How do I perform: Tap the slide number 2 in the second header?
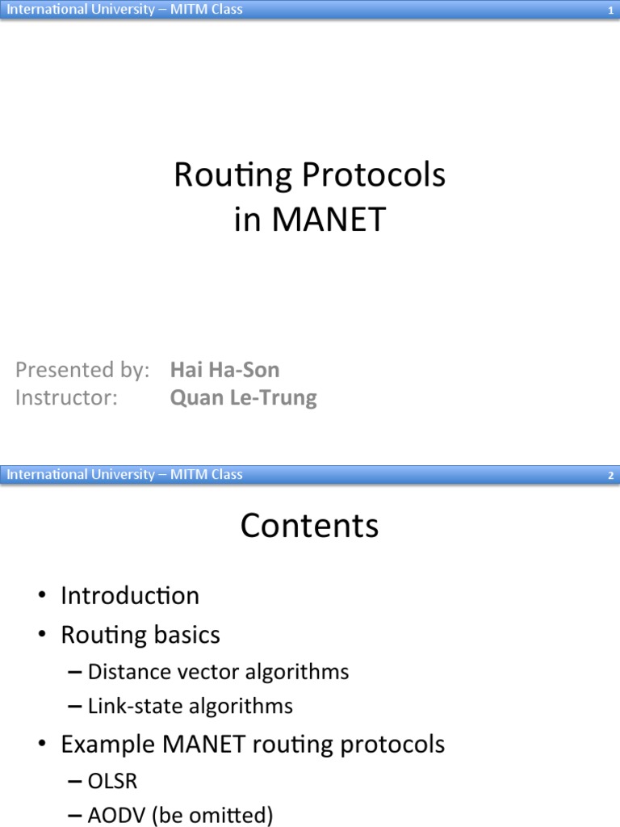[x=611, y=476]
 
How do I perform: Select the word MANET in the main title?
[x=329, y=220]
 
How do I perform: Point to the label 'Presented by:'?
[x=82, y=371]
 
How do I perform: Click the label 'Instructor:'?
[x=67, y=398]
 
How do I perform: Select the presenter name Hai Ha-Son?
[x=224, y=371]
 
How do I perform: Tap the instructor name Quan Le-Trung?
[x=243, y=398]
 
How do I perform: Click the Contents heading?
[x=309, y=526]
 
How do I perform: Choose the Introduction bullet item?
[x=130, y=596]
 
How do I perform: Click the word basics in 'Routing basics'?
[x=182, y=636]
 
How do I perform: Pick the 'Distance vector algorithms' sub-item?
[x=218, y=672]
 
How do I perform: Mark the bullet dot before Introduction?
[x=42, y=597]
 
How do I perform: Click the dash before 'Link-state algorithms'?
[x=74, y=707]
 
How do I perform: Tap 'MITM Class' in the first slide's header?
[x=206, y=10]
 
